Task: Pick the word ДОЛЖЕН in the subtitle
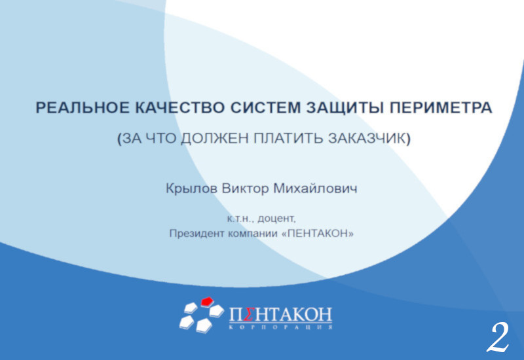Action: click(x=215, y=138)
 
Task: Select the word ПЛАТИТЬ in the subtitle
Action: click(x=288, y=138)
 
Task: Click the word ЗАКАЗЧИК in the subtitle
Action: click(x=367, y=138)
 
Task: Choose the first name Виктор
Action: click(x=245, y=189)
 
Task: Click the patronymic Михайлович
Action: click(x=315, y=189)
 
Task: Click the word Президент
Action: click(x=197, y=234)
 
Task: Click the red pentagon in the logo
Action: click(x=207, y=302)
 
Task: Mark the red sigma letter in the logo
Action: click(x=250, y=315)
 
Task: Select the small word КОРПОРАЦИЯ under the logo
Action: click(x=281, y=328)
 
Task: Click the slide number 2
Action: click(x=498, y=337)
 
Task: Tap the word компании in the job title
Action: click(x=253, y=234)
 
